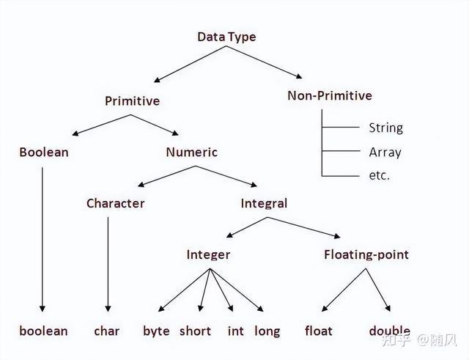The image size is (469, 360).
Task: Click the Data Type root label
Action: point(226,37)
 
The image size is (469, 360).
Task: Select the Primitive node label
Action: point(132,101)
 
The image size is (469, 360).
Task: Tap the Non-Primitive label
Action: point(330,96)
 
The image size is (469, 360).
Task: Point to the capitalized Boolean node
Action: point(44,153)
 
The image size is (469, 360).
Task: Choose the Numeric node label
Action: point(192,153)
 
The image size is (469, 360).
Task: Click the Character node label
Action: point(116,204)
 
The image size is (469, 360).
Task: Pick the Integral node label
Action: point(264,204)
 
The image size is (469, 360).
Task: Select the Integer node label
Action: point(208,255)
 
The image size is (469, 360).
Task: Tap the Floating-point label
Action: point(366,255)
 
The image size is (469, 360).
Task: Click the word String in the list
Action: point(386,128)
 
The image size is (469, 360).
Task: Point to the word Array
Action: point(385,153)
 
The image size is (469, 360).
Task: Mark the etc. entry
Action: point(380,175)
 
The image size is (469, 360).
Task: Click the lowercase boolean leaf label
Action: point(44,331)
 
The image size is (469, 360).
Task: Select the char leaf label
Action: point(106,331)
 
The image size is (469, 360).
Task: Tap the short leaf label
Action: point(195,331)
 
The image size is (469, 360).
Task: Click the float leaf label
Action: point(319,331)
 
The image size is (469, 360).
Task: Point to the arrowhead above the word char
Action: point(108,309)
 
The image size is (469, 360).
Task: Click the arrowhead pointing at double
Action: point(388,308)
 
